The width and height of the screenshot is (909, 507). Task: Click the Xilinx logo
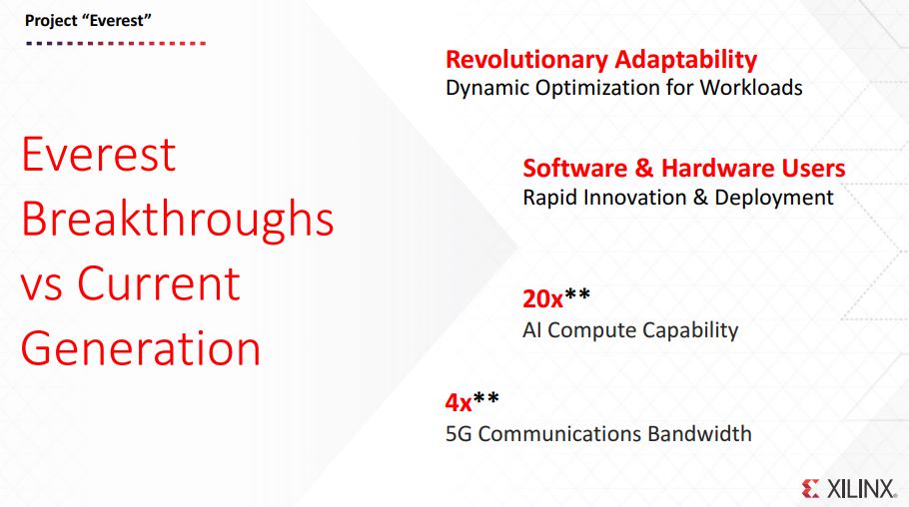coord(849,488)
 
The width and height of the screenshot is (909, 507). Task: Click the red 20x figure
coord(542,299)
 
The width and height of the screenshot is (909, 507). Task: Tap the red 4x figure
coord(458,402)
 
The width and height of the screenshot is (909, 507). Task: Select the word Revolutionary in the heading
coord(526,60)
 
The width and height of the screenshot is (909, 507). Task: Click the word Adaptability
coord(686,60)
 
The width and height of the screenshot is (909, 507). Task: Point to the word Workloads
coord(751,88)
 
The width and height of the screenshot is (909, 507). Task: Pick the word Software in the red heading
coord(575,168)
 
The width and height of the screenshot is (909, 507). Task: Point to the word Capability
coord(690,330)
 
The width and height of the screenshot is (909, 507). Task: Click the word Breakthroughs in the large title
coord(178,218)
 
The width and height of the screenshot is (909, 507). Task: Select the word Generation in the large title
coord(141,348)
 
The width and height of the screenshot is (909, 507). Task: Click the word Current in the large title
coord(158,283)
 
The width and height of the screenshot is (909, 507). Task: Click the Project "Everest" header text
coord(88,21)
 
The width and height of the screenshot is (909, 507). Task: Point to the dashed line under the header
coord(116,44)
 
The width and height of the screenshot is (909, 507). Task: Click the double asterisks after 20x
coord(577,294)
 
